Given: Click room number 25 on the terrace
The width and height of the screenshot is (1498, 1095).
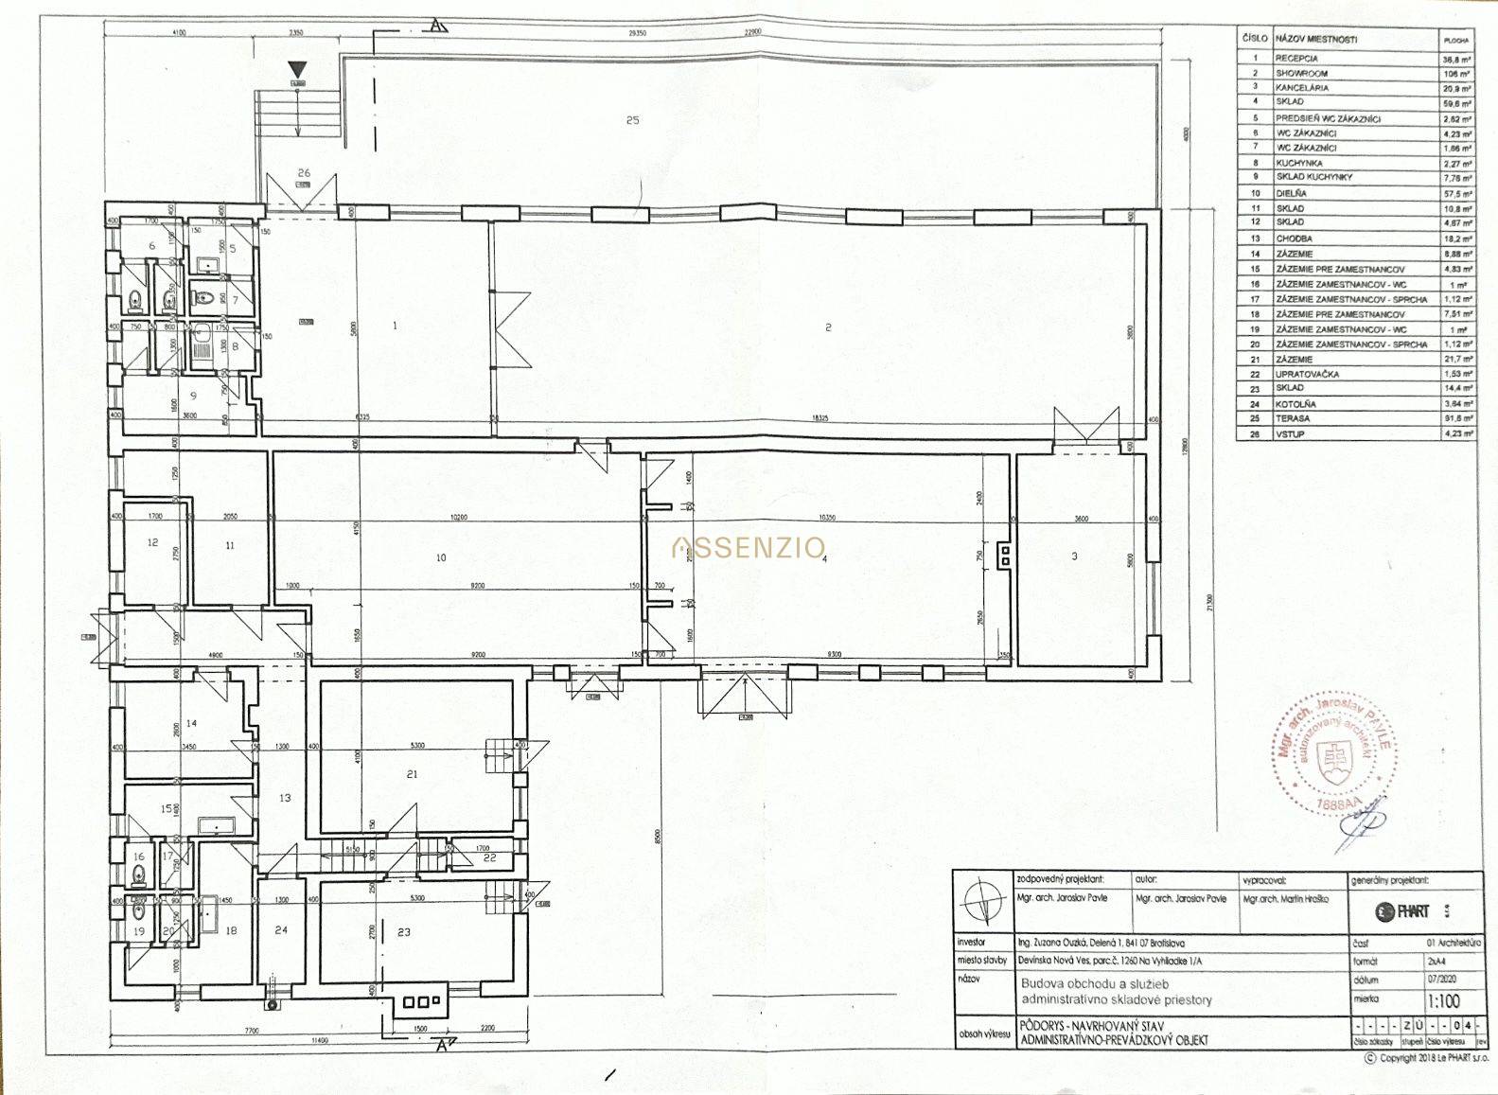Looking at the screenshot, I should tap(633, 119).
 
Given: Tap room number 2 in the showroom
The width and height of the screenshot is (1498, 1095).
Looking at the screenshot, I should tap(828, 327).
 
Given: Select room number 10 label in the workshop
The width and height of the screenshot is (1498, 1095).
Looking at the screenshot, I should tap(441, 557).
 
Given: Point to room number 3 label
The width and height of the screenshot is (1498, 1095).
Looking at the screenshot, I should tap(1074, 556).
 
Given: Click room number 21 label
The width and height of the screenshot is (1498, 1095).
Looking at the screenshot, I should tap(412, 774).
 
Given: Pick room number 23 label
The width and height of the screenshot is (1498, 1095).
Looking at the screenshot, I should tap(404, 932).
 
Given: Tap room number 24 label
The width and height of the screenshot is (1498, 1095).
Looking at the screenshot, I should tap(281, 930).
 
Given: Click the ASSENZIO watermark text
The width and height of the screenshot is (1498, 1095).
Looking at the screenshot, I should tap(748, 547).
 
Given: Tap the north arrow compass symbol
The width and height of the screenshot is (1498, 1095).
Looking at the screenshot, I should tap(981, 904).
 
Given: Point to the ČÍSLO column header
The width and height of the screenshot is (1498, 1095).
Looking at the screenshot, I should tap(1254, 40).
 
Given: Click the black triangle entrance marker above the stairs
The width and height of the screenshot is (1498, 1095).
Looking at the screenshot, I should tap(298, 69).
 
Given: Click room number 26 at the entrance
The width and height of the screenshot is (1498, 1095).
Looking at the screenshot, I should tap(304, 172).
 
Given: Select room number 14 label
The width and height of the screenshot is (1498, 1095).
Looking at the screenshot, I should tap(191, 723).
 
